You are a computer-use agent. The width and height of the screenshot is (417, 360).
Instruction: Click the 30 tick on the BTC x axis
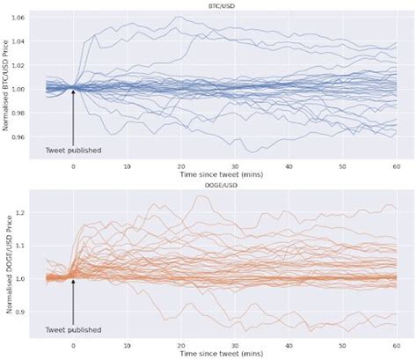click(x=235, y=165)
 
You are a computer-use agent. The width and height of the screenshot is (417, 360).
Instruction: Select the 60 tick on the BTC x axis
click(x=396, y=165)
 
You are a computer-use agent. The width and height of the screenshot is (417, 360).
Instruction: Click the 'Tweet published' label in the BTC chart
click(x=73, y=151)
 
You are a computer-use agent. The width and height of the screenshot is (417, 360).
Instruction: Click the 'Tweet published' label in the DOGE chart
click(x=73, y=330)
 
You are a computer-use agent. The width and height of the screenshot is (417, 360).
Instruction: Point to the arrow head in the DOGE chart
click(x=73, y=281)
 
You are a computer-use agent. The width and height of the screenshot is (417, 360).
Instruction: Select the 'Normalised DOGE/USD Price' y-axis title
click(x=8, y=264)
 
